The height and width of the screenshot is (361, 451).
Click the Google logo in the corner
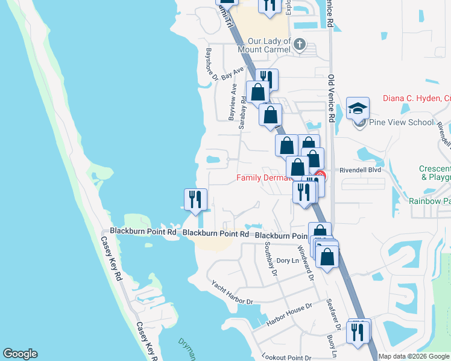(x=20, y=354)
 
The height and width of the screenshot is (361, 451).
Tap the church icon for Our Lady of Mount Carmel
(x=300, y=44)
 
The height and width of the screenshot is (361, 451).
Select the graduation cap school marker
(x=358, y=108)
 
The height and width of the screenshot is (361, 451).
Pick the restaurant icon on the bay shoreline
(x=195, y=199)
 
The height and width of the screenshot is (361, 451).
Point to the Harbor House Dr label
(x=289, y=315)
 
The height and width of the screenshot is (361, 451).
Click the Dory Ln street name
(x=288, y=261)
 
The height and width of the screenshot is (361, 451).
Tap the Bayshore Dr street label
(x=211, y=64)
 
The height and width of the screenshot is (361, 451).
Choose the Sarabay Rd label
(x=243, y=114)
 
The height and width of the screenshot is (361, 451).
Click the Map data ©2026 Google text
(x=413, y=356)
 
